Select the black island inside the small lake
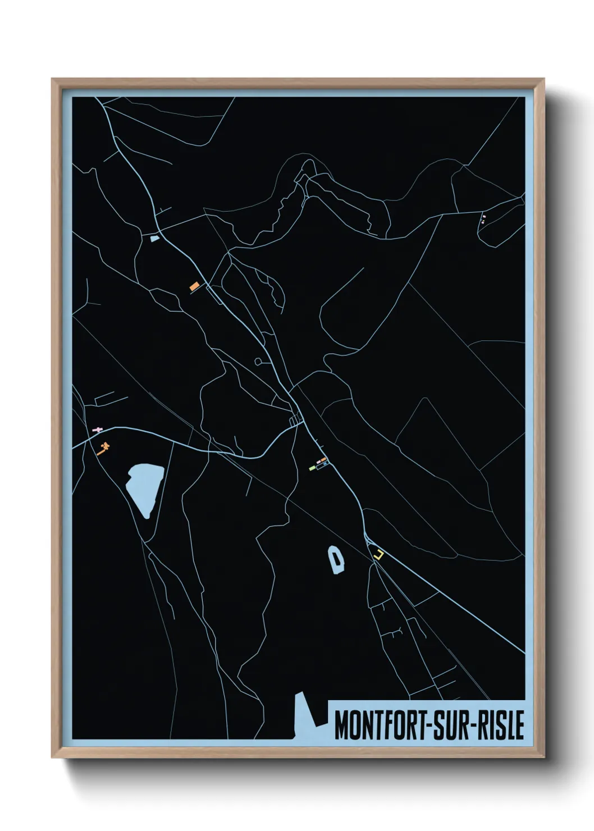pos(336,559)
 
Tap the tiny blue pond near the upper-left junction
pos(154,239)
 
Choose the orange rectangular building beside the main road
pos(194,286)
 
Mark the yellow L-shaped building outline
pos(380,555)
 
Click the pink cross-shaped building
pos(98,430)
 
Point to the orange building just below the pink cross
pos(103,449)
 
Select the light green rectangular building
pos(312,468)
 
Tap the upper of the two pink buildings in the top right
pos(483,216)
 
